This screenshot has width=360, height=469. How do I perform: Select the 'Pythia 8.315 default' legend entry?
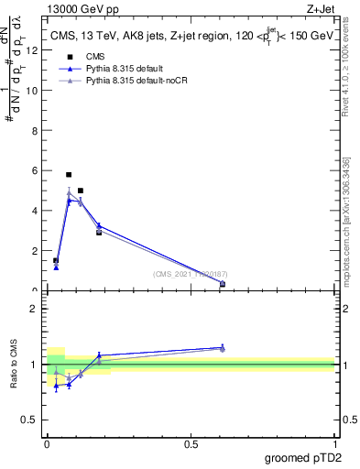point(125,69)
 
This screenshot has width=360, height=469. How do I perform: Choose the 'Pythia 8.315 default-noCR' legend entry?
point(135,81)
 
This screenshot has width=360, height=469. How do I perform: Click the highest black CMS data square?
point(69,174)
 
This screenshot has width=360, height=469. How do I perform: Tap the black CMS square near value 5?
point(81,191)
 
